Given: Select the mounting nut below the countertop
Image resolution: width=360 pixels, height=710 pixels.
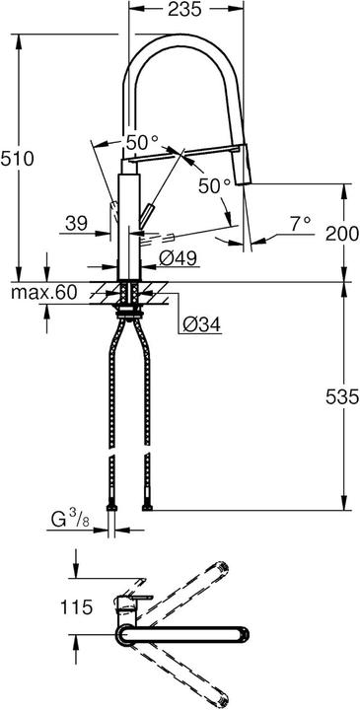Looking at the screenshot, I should (x=128, y=313).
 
